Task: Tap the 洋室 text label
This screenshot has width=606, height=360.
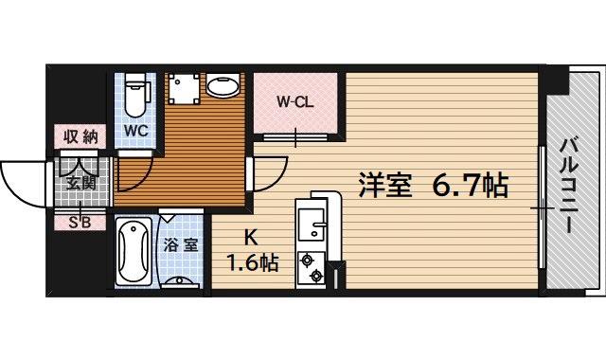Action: pyautogui.click(x=384, y=185)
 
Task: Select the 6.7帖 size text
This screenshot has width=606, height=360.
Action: pyautogui.click(x=472, y=185)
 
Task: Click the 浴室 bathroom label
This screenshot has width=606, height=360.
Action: pyautogui.click(x=181, y=244)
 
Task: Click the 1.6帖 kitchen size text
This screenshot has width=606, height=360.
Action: pyautogui.click(x=252, y=262)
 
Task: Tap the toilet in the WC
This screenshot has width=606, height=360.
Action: pyautogui.click(x=134, y=93)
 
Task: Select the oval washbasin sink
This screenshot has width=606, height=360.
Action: pyautogui.click(x=223, y=88)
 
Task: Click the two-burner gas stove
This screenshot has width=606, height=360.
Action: pyautogui.click(x=310, y=267)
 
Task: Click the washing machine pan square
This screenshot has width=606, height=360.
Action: pyautogui.click(x=182, y=90)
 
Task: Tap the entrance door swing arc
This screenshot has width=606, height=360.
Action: pyautogui.click(x=24, y=182)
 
